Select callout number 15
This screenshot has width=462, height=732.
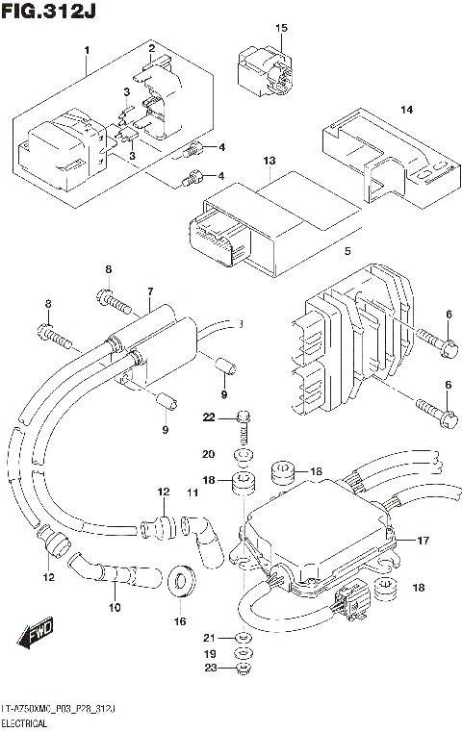(x=281, y=29)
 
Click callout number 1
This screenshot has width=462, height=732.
(x=87, y=49)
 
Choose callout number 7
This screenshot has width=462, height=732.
(x=150, y=291)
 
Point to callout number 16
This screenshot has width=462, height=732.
(x=180, y=623)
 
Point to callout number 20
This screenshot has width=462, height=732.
(x=209, y=453)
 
